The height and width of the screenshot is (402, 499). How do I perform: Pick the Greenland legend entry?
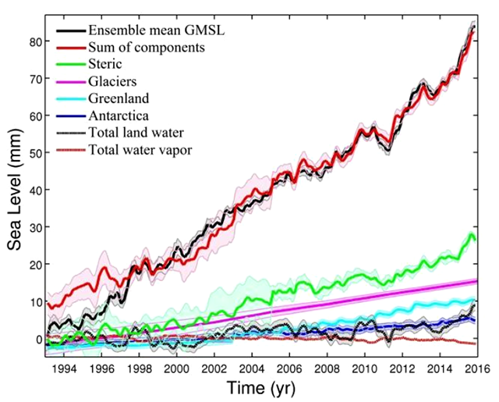point(121,98)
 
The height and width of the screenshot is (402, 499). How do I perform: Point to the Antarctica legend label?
point(122,116)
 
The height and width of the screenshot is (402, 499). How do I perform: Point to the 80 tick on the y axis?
point(34,42)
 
